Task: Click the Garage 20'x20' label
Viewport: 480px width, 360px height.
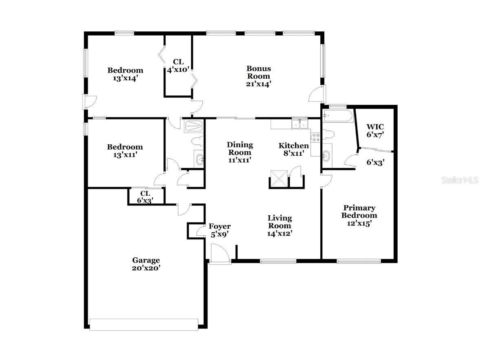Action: (x=146, y=264)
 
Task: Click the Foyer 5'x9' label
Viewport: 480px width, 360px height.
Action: (x=220, y=230)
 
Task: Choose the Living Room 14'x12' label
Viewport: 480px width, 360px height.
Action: (x=280, y=225)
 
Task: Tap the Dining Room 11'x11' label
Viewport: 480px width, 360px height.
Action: (x=240, y=152)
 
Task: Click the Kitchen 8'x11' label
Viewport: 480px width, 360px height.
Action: (x=293, y=149)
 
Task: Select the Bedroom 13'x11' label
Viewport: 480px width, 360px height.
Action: (x=125, y=150)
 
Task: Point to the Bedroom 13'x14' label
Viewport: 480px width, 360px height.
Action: (x=125, y=74)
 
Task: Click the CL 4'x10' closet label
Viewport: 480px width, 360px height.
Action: (x=178, y=65)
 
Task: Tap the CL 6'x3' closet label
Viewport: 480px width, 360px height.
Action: (x=145, y=197)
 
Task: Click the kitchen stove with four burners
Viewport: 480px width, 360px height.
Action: (x=315, y=137)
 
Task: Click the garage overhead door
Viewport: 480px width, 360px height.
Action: (x=143, y=324)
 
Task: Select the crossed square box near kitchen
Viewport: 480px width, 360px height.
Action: (x=280, y=179)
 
